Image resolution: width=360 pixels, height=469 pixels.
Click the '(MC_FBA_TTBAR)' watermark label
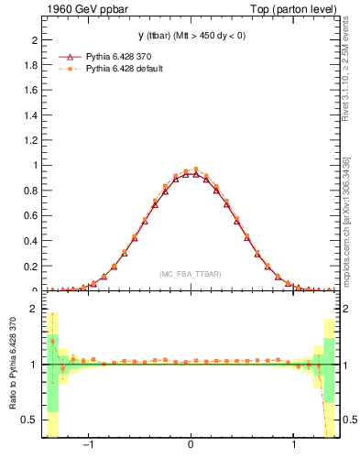click(x=190, y=274)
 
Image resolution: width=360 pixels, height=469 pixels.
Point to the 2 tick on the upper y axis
click(x=34, y=40)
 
